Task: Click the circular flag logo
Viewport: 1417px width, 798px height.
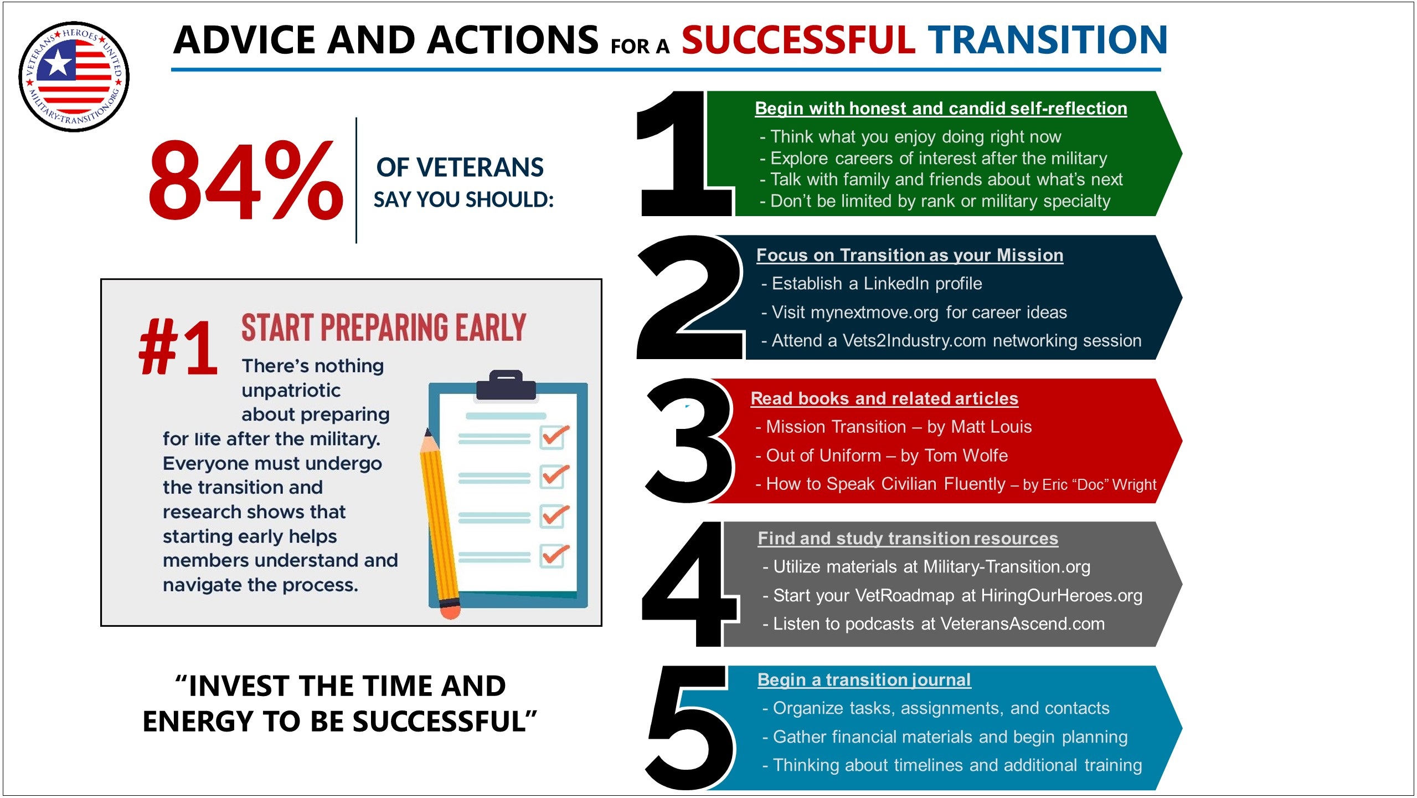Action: (74, 76)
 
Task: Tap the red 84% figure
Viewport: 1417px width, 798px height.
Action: (246, 179)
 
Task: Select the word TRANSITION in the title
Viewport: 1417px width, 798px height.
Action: (1048, 40)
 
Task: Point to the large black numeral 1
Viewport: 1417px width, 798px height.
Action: (684, 154)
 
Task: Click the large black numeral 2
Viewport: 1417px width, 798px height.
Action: (690, 298)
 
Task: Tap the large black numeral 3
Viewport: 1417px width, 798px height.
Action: (688, 441)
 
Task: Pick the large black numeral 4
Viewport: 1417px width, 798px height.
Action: (690, 584)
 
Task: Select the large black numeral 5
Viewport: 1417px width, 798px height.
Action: (690, 728)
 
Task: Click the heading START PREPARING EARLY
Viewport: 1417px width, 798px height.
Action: (383, 328)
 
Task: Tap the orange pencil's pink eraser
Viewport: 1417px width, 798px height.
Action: (450, 610)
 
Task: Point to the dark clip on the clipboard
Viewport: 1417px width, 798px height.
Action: (506, 385)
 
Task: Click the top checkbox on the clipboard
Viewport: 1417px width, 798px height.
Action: (554, 437)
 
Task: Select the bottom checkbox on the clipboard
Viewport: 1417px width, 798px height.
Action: (554, 556)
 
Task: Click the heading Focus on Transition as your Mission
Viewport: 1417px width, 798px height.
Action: (910, 255)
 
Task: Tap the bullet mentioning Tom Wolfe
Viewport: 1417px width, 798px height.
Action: (882, 456)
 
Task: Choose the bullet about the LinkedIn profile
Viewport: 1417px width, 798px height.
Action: (872, 284)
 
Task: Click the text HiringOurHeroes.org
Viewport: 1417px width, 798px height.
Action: (1062, 596)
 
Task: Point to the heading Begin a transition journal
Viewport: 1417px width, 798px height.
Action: (864, 680)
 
